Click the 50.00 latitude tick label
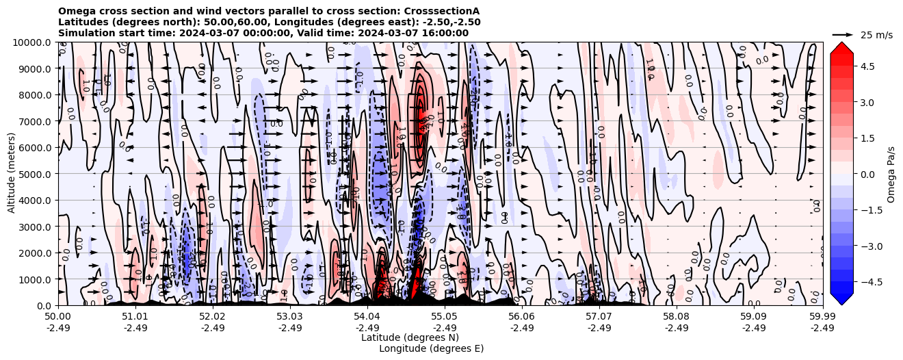tap(58, 317)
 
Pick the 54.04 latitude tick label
tap(367, 317)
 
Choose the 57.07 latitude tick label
tap(599, 317)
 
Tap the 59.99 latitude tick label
tap(822, 317)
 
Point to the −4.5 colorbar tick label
tap(863, 281)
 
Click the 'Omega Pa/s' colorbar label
tap(891, 174)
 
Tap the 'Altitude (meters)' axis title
tap(12, 174)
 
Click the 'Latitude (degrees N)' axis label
tap(410, 337)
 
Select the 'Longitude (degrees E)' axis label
tap(432, 348)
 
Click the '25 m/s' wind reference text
tap(876, 35)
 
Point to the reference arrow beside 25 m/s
tap(843, 34)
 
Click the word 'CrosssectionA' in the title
tap(443, 12)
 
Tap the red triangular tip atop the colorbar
tap(841, 47)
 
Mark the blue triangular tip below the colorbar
tap(841, 300)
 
